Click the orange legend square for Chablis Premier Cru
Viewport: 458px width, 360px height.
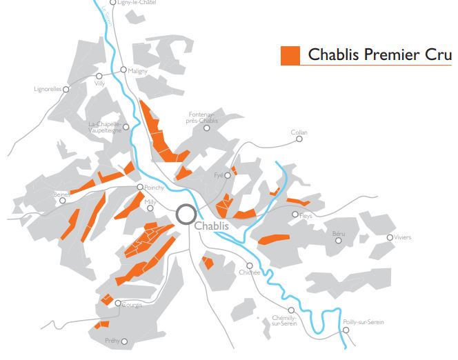click(290, 55)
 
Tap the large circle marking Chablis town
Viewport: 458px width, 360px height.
click(186, 214)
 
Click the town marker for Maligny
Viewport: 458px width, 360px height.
click(123, 70)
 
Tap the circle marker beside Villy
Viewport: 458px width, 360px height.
click(99, 76)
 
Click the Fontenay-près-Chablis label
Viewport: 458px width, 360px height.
click(202, 117)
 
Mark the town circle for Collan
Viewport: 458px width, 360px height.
click(299, 139)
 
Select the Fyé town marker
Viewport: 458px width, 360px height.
click(227, 175)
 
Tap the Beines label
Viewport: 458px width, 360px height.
click(61, 194)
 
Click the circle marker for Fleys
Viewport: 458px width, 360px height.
click(295, 214)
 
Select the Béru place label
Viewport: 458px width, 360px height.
click(338, 235)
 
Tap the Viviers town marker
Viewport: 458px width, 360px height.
click(390, 237)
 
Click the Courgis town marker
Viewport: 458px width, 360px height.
click(118, 303)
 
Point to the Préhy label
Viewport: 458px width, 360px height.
click(111, 341)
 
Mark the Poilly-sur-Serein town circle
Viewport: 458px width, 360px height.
click(346, 330)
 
